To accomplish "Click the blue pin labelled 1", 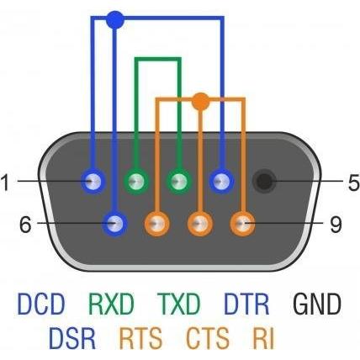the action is [x=93, y=182].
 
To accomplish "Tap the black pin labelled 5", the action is [x=264, y=182].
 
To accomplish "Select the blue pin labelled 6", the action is [x=114, y=224].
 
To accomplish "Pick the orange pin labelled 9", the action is [x=242, y=224].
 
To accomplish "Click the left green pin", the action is [x=136, y=182].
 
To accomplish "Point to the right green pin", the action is [x=179, y=182].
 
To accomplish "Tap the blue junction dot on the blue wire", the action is [x=115, y=19].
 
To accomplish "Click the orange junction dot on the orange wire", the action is [x=200, y=101].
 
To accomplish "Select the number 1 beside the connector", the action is [x=5, y=183].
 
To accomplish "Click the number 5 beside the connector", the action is [x=354, y=183].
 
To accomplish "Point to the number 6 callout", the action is [x=25, y=225].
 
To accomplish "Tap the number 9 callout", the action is [x=336, y=225].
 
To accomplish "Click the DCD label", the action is [x=41, y=304].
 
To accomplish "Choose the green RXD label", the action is [x=111, y=304].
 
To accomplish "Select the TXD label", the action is [x=178, y=304].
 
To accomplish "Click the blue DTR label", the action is [x=246, y=304].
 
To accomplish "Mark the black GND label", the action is [x=317, y=304].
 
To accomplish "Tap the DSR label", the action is [x=72, y=337].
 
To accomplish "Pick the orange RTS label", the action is [x=140, y=337].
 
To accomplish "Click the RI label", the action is [x=263, y=337].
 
